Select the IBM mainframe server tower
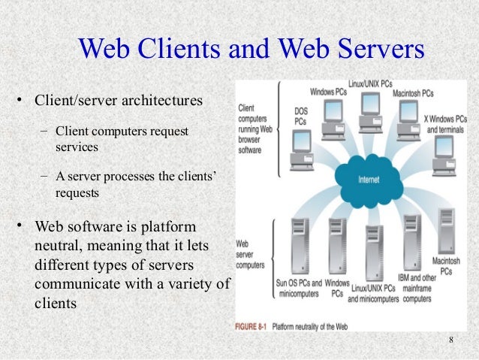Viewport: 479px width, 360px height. coord(411,240)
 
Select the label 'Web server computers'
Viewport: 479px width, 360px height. coord(250,255)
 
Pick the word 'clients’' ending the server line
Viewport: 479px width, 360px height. coord(195,177)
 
